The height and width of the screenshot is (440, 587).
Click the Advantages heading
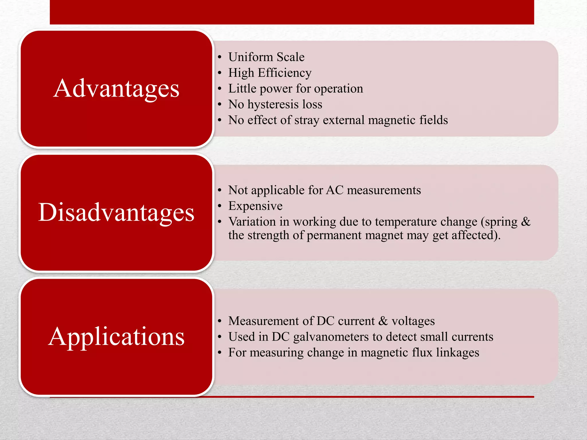116,89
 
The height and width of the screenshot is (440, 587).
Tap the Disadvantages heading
116,213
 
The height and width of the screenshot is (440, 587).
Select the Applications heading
116,337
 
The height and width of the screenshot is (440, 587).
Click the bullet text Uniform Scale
266,57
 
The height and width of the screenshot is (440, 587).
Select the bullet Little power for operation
296,89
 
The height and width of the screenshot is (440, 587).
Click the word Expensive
255,206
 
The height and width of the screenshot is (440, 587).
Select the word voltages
413,321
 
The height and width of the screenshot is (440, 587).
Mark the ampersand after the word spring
526,222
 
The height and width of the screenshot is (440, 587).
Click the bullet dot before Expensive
220,206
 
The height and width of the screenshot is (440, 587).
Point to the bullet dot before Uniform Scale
220,57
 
